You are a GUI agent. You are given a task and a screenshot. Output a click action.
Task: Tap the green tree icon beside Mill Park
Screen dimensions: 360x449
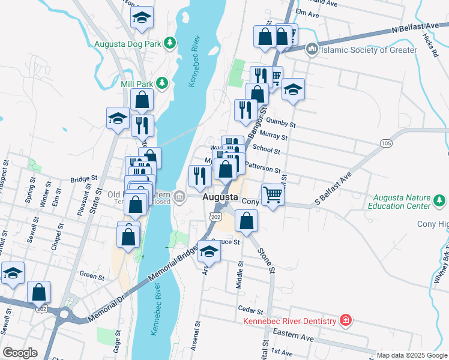tap(161, 82)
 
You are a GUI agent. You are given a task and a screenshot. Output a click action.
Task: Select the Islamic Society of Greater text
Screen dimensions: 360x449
tap(369, 50)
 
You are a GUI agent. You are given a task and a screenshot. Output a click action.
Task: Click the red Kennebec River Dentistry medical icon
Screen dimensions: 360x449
tap(345, 321)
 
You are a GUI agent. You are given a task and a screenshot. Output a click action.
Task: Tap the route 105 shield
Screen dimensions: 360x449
tap(386, 143)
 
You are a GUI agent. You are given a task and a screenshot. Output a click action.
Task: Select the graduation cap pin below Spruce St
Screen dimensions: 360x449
tap(208, 251)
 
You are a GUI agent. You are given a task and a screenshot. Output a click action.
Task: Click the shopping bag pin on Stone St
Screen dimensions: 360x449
tap(247, 221)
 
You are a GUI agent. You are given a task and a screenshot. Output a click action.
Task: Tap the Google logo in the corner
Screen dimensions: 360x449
tap(19, 353)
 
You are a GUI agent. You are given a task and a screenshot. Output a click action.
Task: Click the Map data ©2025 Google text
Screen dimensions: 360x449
tap(411, 355)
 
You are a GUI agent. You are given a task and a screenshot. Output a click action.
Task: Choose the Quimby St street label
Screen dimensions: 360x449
tap(284, 125)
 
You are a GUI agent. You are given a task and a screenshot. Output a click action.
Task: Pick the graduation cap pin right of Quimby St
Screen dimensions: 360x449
tap(292, 91)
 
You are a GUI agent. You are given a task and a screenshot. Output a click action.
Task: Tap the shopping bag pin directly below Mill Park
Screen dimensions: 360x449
tap(142, 100)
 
